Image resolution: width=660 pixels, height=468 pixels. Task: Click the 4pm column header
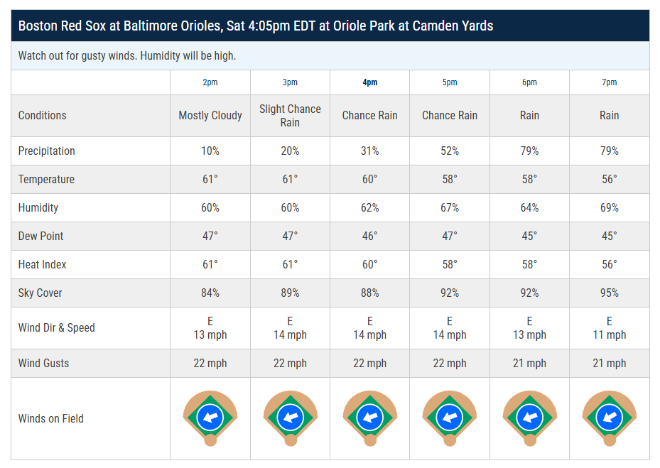click(x=369, y=82)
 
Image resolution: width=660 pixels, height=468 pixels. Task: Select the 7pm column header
click(x=609, y=82)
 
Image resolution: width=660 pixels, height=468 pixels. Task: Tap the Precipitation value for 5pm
click(x=450, y=151)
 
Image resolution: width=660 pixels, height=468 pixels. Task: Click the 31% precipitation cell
click(x=369, y=151)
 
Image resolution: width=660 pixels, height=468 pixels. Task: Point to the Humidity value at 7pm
click(x=609, y=207)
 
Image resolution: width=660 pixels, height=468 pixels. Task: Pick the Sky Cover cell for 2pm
click(x=210, y=293)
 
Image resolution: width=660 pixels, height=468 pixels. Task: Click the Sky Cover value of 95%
click(x=609, y=293)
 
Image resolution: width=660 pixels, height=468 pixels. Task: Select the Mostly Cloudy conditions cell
click(x=210, y=115)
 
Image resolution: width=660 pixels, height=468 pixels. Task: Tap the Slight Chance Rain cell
click(x=290, y=115)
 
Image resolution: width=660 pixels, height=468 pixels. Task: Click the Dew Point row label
click(x=42, y=236)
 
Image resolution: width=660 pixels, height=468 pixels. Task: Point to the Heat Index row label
click(x=42, y=264)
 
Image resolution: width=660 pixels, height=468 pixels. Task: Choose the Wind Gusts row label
click(x=43, y=363)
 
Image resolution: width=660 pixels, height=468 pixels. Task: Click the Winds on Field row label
click(x=50, y=418)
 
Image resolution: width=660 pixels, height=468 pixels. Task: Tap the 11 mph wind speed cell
click(x=609, y=328)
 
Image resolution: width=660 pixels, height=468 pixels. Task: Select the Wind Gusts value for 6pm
click(x=529, y=363)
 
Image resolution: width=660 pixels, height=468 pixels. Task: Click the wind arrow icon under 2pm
click(x=210, y=416)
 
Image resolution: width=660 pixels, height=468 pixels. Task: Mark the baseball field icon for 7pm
click(x=609, y=418)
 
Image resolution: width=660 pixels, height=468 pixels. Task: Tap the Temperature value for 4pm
click(x=369, y=179)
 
